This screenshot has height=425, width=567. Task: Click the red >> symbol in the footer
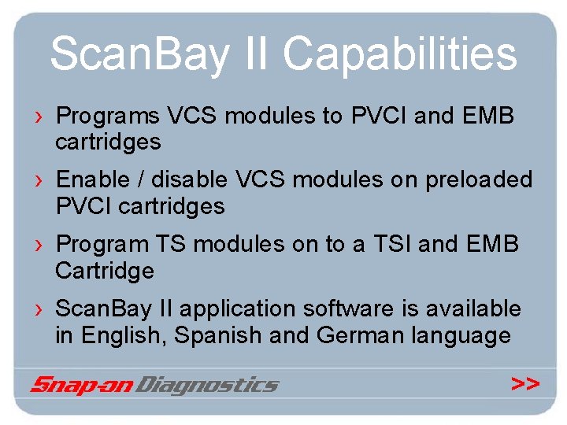pyautogui.click(x=525, y=384)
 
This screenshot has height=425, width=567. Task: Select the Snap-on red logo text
pyautogui.click(x=81, y=385)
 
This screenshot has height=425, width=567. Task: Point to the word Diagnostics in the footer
pyautogui.click(x=207, y=385)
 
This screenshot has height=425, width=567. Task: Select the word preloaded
pyautogui.click(x=479, y=180)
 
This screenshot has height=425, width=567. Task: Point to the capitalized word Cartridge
pyautogui.click(x=105, y=272)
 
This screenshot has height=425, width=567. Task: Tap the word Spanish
pyautogui.click(x=218, y=337)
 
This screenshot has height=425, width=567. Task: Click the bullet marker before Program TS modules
pyautogui.click(x=39, y=246)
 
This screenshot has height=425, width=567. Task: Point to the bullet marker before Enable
pyautogui.click(x=39, y=181)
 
